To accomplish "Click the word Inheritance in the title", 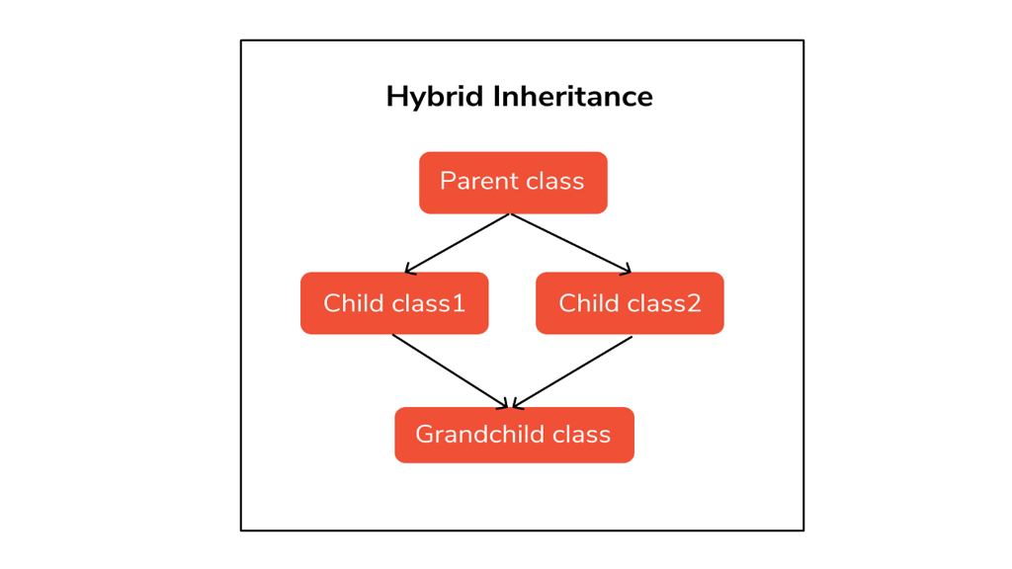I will coord(572,97).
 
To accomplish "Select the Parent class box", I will coord(513,183).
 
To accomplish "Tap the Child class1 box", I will coord(394,303).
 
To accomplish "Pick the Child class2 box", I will coord(630,303).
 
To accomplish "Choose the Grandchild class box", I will coord(514,435).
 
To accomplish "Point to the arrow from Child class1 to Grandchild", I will coord(450,371).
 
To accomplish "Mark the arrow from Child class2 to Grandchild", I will coord(573,371).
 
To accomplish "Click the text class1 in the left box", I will coord(431,303).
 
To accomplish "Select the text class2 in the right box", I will coord(666,303).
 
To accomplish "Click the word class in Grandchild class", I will coord(581,435).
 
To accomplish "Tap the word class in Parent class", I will coord(552,182).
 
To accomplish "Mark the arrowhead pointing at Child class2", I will coord(627,270).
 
